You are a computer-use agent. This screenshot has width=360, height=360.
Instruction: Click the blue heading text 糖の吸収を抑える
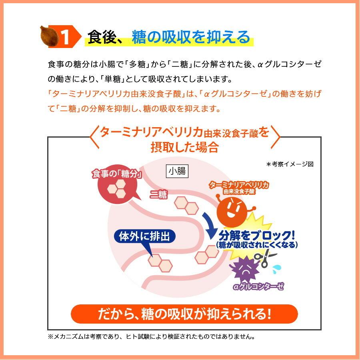coord(191,37)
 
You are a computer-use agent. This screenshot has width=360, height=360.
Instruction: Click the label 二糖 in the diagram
coord(158,194)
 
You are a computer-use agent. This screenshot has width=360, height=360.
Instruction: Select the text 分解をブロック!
coord(257,234)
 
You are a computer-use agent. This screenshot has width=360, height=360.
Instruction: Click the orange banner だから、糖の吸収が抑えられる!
coord(184,314)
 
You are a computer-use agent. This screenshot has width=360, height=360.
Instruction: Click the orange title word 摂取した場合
coord(184,147)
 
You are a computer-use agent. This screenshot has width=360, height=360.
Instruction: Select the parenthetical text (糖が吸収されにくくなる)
coord(257,245)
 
